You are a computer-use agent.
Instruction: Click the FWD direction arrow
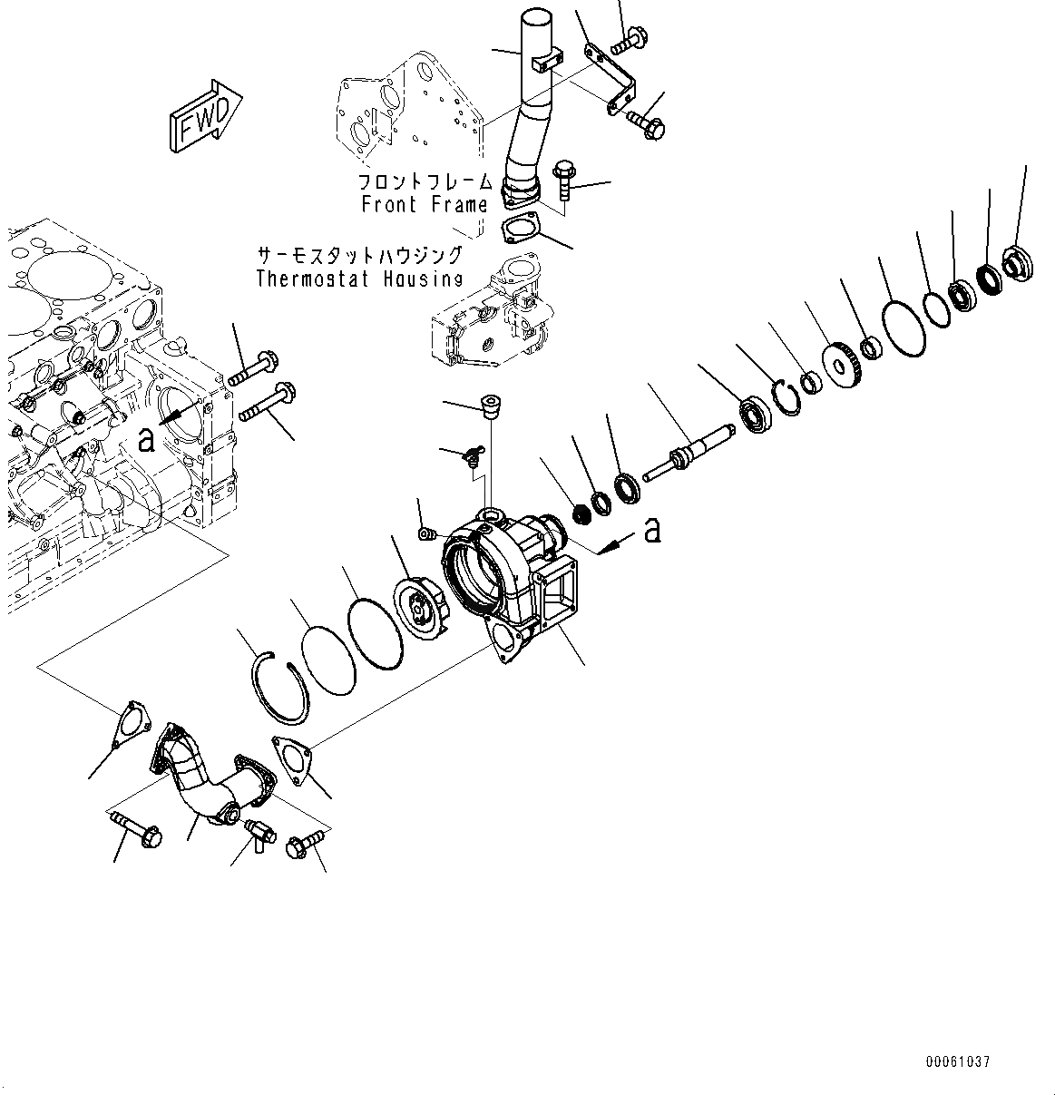(x=203, y=114)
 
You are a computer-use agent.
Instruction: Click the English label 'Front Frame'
(x=425, y=204)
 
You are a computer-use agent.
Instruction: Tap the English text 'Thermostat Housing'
(x=360, y=279)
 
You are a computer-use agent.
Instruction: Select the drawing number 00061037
(x=958, y=1061)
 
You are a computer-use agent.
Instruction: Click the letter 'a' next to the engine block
(x=145, y=440)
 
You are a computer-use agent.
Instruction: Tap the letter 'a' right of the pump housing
(x=651, y=531)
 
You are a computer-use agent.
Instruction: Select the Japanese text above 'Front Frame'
(x=425, y=181)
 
